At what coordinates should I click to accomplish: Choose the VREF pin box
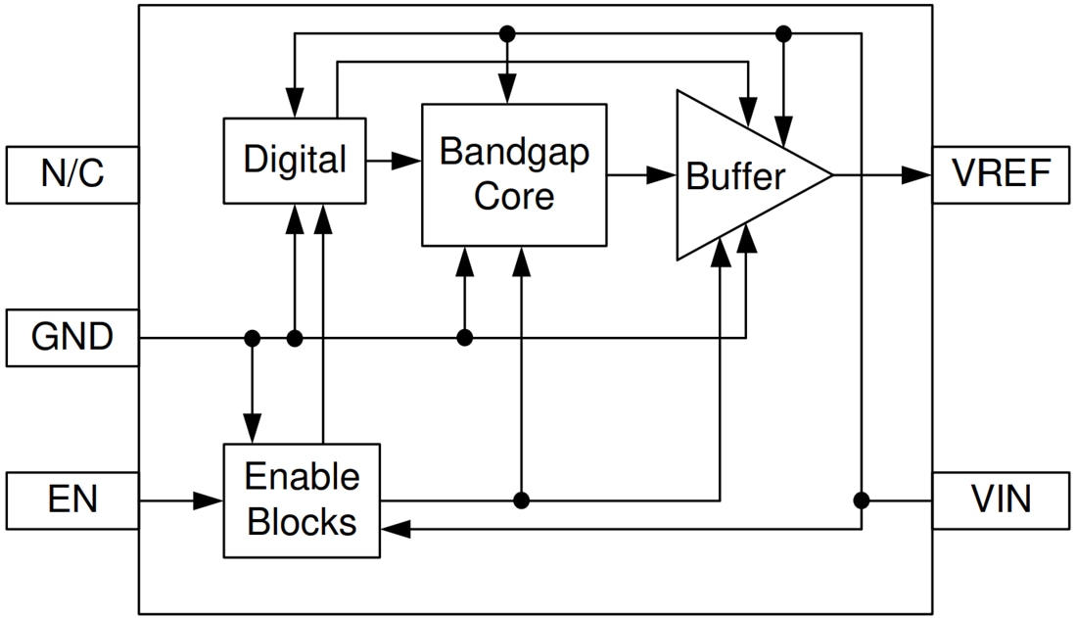tap(1003, 174)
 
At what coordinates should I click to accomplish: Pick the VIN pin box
tap(1003, 500)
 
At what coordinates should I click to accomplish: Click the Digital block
tap(295, 160)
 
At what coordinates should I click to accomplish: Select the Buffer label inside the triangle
tap(735, 176)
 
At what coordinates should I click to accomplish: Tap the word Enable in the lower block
tap(302, 477)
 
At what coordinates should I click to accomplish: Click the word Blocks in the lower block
tap(302, 521)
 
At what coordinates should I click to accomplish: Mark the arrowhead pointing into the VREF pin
tap(916, 175)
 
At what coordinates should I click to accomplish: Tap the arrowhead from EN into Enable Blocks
tap(209, 500)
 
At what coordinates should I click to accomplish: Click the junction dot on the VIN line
tap(861, 500)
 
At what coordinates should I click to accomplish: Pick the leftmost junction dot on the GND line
tap(253, 338)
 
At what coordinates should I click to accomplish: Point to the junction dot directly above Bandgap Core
tap(506, 34)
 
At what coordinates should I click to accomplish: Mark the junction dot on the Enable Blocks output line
tap(521, 500)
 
